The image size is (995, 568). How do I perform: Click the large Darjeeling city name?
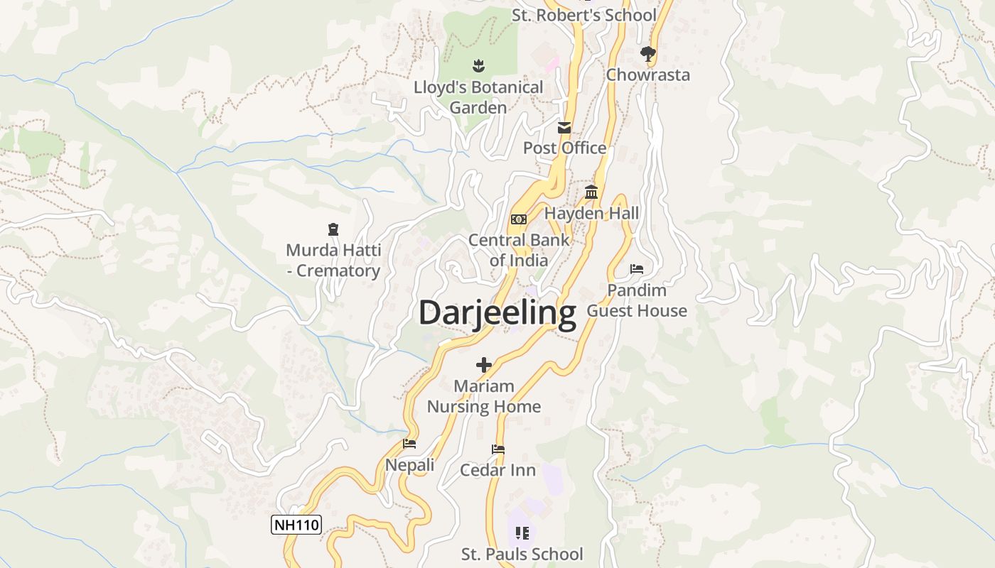pos(497,313)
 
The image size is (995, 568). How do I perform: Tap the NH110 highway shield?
pos(296,525)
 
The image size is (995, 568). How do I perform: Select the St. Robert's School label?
pos(584,15)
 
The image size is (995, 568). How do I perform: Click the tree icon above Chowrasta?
pos(647,53)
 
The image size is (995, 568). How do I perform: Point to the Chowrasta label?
pos(647,75)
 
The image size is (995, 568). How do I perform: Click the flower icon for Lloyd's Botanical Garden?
pos(478,66)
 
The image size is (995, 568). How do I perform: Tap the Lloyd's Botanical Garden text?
pos(478,97)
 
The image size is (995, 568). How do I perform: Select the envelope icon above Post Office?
pos(564,128)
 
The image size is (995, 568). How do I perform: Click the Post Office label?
pos(564,148)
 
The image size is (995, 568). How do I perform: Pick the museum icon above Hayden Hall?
pos(591,192)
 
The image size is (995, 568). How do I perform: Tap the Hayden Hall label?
pos(591,213)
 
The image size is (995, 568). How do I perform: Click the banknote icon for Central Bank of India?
pos(519,219)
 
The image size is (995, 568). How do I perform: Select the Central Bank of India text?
pos(519,250)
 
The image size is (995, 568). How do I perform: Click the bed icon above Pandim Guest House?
pos(637,269)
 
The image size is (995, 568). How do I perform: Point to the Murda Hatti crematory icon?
pos(333,229)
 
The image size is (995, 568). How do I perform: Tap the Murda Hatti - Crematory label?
pos(333,261)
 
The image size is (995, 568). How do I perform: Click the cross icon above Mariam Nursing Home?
pos(484,366)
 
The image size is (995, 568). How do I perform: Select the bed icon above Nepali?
pos(409,444)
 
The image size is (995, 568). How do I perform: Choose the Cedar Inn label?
pos(497,470)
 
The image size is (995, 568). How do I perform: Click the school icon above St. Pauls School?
pos(522,532)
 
